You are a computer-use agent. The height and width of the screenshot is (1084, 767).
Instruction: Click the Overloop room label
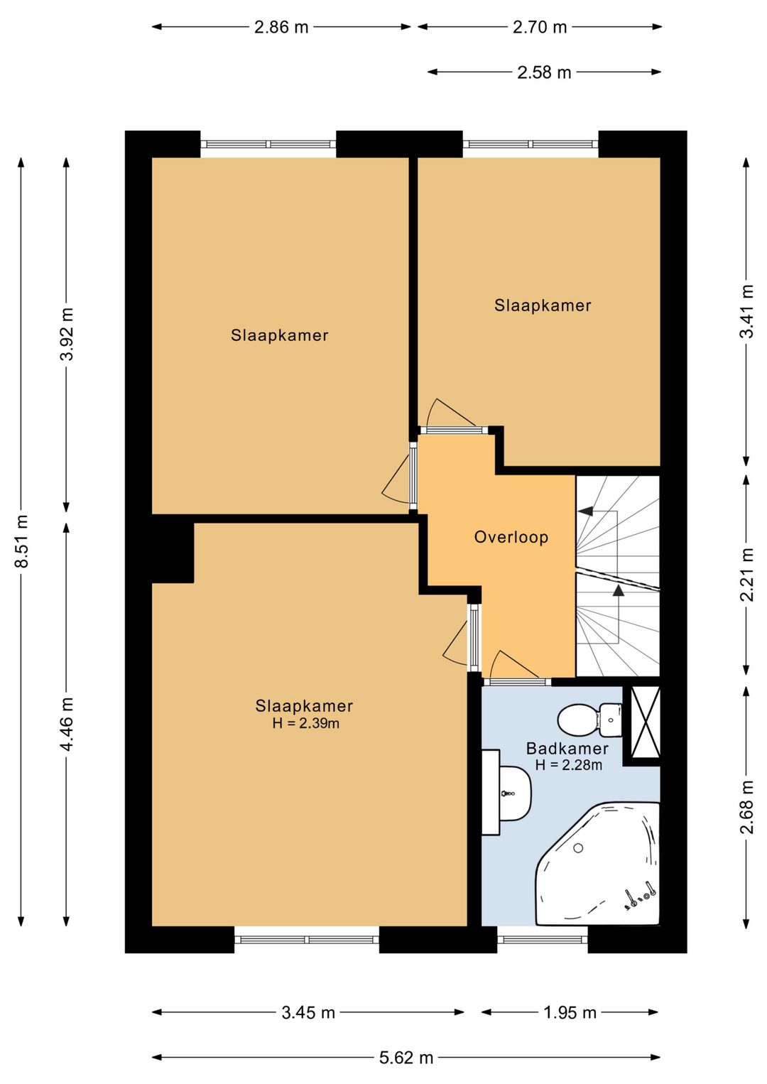pos(511,537)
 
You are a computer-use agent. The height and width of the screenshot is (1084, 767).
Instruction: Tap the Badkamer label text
pos(567,749)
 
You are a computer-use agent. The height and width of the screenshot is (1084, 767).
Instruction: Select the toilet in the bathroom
pos(589,719)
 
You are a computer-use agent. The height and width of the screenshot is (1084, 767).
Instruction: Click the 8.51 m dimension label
pos(21,541)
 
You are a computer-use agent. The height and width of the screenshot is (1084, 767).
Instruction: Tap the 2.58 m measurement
pos(544,72)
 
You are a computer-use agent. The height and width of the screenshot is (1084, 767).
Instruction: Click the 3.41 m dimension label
pos(748,311)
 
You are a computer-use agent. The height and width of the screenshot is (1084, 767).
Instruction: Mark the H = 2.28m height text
pos(569,765)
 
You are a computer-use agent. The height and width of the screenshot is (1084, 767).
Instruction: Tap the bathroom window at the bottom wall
pos(543,940)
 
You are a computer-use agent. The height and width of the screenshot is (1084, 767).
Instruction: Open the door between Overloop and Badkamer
pos(517,682)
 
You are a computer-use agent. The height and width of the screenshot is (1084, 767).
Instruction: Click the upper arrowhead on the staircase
pos(586,510)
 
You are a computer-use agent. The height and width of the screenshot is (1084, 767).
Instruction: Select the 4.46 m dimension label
pos(67,724)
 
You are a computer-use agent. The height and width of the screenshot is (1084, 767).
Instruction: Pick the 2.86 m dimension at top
pos(281,27)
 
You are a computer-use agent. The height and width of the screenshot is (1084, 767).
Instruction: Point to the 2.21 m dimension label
pos(748,575)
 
